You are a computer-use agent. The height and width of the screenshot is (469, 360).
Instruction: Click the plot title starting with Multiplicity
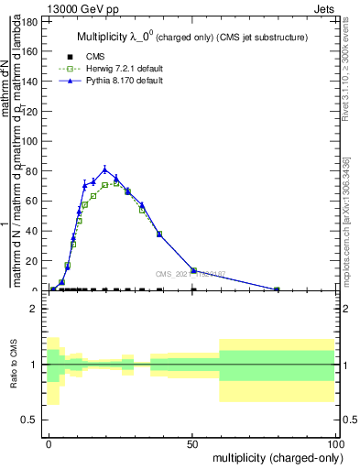191,37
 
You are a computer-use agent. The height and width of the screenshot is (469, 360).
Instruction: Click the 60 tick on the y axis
30,201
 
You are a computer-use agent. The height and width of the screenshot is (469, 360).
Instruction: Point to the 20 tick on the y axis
30,260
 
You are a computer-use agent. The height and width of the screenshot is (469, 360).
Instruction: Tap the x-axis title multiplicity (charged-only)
274,456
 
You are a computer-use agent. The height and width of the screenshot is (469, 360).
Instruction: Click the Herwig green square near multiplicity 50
193,270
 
